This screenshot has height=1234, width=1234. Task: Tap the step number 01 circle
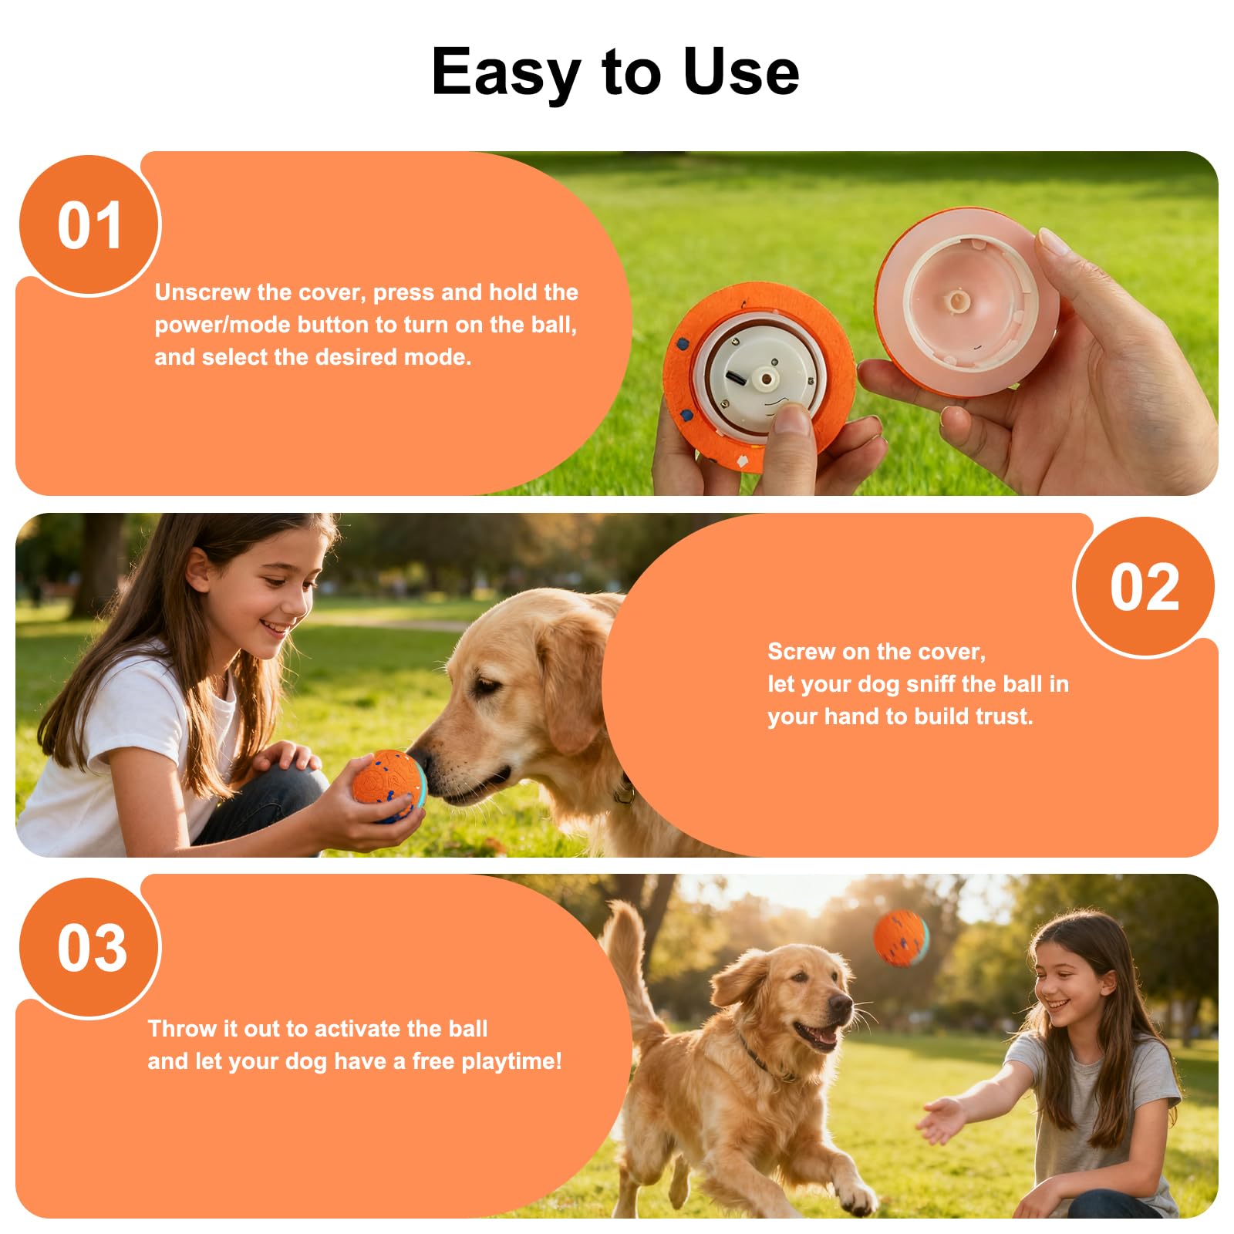click(89, 225)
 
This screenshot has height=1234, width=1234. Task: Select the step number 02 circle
click(1145, 587)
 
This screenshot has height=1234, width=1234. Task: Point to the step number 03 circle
click(90, 948)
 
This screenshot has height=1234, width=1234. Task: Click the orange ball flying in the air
click(901, 938)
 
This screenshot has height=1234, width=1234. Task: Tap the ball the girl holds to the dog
click(389, 786)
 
